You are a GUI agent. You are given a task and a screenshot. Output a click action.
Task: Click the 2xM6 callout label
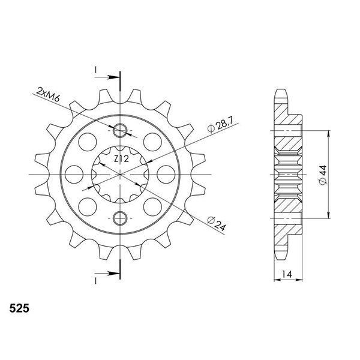pos(48,94)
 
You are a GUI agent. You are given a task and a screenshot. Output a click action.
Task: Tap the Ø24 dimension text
pos(217,223)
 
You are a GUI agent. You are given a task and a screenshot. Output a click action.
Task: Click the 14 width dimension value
pos(287,274)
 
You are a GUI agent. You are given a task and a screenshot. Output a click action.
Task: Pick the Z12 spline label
pos(121,158)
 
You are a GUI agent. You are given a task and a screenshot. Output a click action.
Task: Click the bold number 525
pos(19,308)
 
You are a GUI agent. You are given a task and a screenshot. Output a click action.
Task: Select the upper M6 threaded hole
pos(120,131)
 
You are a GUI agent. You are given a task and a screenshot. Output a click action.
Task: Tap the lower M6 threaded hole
pos(120,218)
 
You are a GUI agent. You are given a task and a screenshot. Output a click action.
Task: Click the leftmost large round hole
pos(74,175)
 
